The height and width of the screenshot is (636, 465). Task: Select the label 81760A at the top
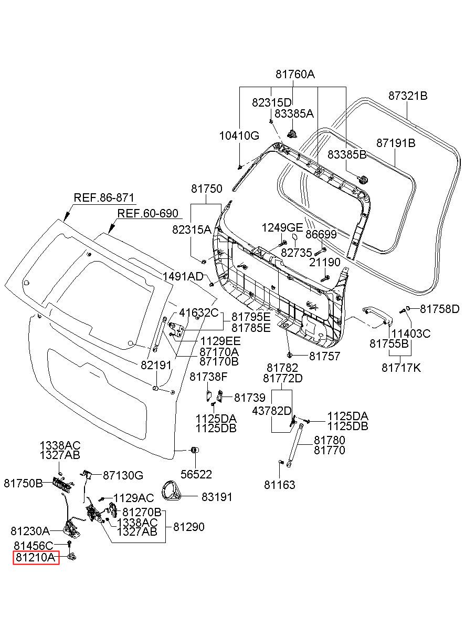[x=295, y=75]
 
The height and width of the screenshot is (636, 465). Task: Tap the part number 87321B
[x=408, y=96]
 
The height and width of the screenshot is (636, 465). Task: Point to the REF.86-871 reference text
[x=104, y=197]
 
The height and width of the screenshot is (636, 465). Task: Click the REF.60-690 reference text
[x=148, y=213]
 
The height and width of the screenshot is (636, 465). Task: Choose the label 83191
[x=217, y=497]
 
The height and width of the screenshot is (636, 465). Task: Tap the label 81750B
[x=23, y=483]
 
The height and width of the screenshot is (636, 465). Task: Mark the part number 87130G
[x=123, y=475]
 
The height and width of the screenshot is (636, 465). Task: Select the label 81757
[x=324, y=356]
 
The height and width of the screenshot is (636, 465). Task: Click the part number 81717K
[x=401, y=368]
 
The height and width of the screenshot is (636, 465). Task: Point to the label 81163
[x=280, y=485]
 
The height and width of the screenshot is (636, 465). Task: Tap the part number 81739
[x=250, y=398]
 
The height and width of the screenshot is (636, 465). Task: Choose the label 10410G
[x=239, y=135]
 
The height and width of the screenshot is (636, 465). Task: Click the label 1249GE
[x=282, y=227]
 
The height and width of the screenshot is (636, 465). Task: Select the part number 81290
[x=188, y=527]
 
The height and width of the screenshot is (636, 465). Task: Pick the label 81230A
[x=30, y=530]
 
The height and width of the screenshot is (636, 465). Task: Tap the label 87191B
[x=396, y=143]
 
